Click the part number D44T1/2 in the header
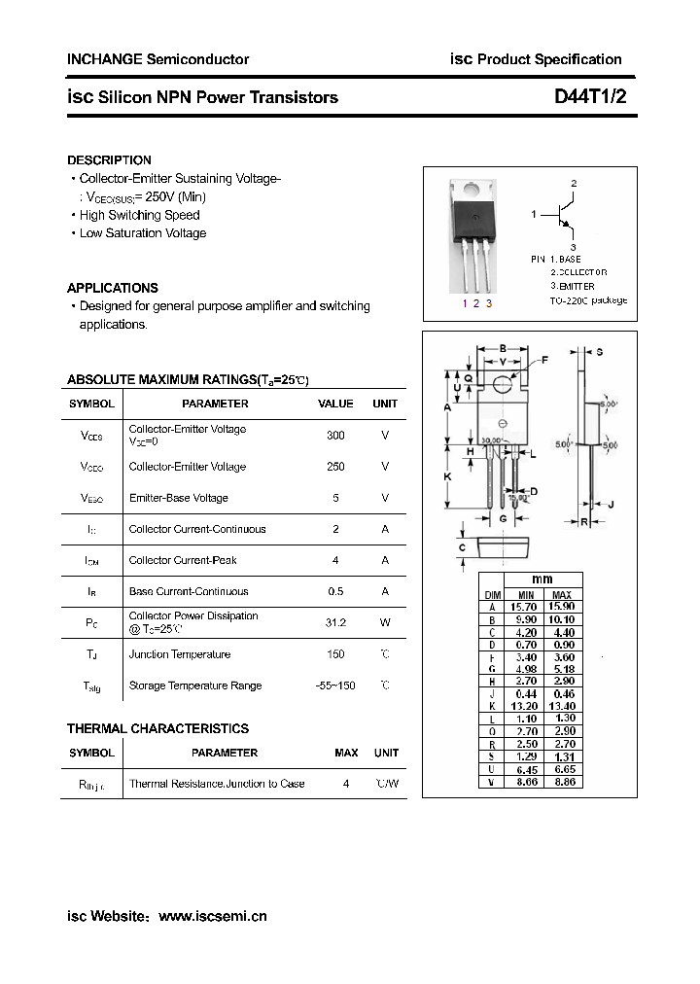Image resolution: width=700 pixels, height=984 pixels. (x=591, y=97)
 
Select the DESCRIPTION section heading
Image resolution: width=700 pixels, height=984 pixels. (x=109, y=159)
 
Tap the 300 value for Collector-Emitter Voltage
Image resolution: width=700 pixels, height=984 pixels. (x=335, y=436)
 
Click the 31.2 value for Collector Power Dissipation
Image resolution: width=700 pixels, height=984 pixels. (x=335, y=622)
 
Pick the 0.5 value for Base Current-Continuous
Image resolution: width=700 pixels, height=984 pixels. (x=335, y=591)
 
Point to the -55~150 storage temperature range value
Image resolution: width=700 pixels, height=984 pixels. (x=335, y=685)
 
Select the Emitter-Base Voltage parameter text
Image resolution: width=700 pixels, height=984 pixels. (x=178, y=498)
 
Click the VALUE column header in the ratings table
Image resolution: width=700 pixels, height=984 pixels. (x=335, y=404)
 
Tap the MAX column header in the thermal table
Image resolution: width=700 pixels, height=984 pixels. (x=346, y=753)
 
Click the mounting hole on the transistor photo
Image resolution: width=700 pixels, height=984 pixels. (x=472, y=190)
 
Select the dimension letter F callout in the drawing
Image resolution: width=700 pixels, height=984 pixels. (x=544, y=361)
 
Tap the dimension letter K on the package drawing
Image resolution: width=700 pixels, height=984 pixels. (x=447, y=476)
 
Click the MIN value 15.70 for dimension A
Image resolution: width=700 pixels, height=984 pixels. (x=525, y=606)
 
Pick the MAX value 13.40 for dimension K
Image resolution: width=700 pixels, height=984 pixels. (x=562, y=706)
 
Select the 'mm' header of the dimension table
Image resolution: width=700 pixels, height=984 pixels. (x=542, y=580)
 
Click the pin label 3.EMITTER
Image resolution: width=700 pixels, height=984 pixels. (x=572, y=287)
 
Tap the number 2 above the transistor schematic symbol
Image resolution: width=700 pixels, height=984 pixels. (x=574, y=183)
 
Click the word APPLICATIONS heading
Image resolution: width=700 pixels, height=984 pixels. (x=112, y=288)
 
